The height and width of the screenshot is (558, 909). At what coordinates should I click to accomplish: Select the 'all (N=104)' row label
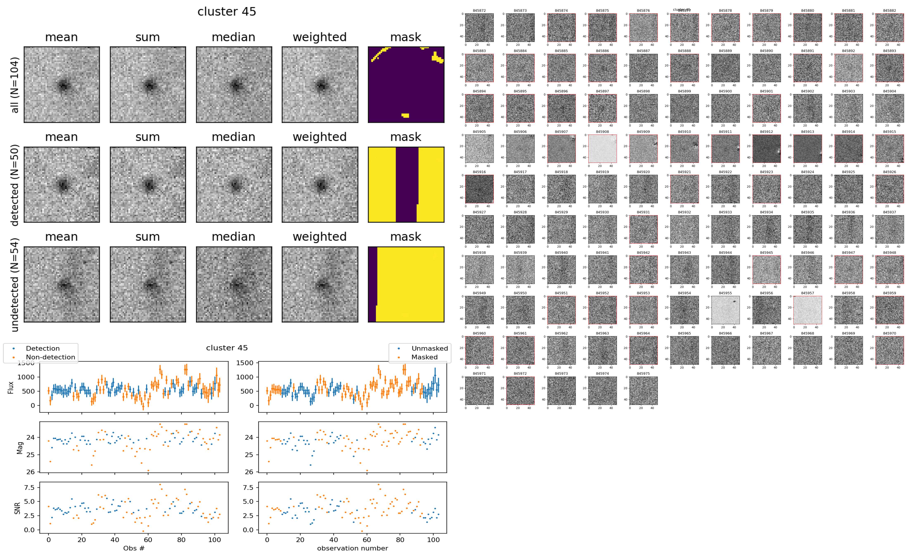pos(15,85)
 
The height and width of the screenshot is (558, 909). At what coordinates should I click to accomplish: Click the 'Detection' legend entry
pos(43,348)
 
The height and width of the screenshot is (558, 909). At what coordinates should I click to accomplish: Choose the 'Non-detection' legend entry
pos(50,357)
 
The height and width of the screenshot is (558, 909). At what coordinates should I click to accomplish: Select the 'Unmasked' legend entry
pos(429,348)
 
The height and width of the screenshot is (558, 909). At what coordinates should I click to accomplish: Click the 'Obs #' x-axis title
pos(134,548)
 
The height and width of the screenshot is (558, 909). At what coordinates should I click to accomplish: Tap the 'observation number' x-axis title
pos(352,548)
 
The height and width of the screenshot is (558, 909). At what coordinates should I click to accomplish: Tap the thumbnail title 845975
pos(643,374)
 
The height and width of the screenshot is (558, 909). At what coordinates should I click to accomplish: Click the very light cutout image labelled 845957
pos(807,310)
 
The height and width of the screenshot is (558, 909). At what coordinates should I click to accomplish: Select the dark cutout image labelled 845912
pos(766,148)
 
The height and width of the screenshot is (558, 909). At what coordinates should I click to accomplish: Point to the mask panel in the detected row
pos(406,184)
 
